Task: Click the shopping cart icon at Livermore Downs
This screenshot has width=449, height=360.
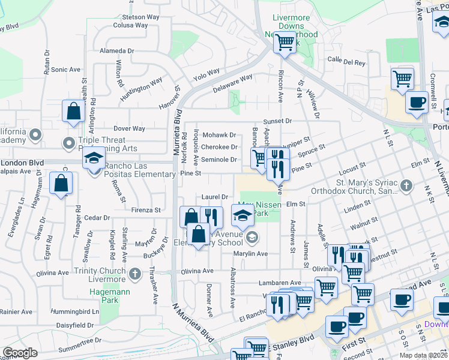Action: click(284, 43)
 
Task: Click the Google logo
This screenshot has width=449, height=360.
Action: click(20, 353)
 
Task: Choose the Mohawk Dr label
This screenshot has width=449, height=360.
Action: click(219, 135)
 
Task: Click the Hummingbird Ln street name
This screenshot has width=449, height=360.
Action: click(74, 312)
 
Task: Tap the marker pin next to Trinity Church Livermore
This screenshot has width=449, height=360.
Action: click(136, 278)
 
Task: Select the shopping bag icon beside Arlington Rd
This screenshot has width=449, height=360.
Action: click(73, 112)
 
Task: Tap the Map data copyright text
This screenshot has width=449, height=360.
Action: click(422, 355)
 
